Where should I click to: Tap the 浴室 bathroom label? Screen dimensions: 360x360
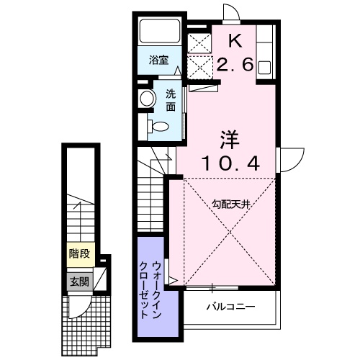click(159, 60)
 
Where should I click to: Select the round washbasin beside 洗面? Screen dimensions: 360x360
click(147, 99)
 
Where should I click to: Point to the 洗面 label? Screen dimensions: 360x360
click(171, 100)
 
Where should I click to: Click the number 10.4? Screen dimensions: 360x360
click(229, 165)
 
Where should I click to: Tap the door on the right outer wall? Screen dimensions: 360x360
click(289, 158)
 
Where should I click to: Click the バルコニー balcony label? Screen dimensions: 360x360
click(230, 307)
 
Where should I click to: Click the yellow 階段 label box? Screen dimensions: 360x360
click(80, 253)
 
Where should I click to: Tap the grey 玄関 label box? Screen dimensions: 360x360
click(80, 281)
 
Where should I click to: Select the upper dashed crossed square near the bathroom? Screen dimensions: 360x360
click(199, 42)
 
